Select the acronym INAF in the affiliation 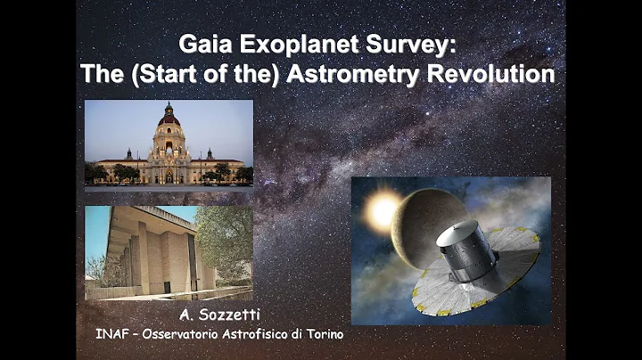coord(113,334)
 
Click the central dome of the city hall coord(169,119)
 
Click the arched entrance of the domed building coord(169,176)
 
